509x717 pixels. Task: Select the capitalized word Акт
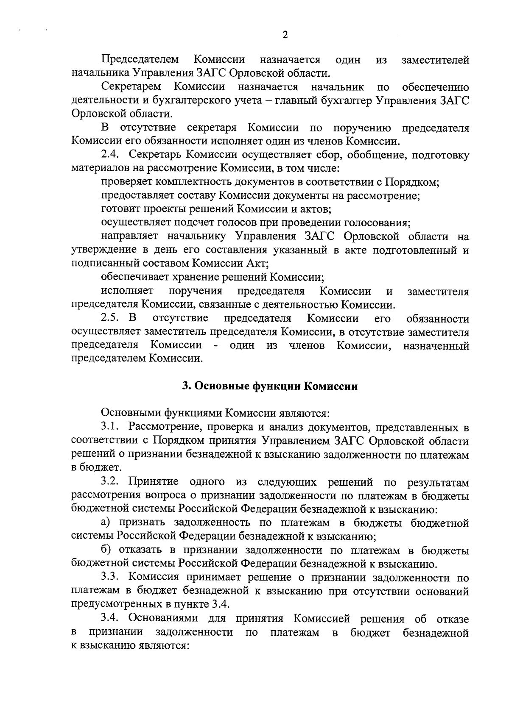tap(257, 263)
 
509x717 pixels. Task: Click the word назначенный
tap(436, 345)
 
